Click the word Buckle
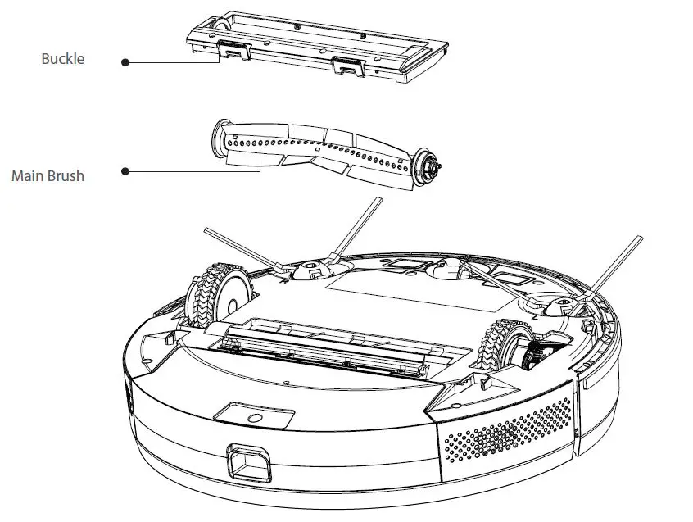pyautogui.click(x=63, y=60)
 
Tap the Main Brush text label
pyautogui.click(x=48, y=175)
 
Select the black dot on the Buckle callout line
pyautogui.click(x=125, y=61)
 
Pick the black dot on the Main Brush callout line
pyautogui.click(x=125, y=171)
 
